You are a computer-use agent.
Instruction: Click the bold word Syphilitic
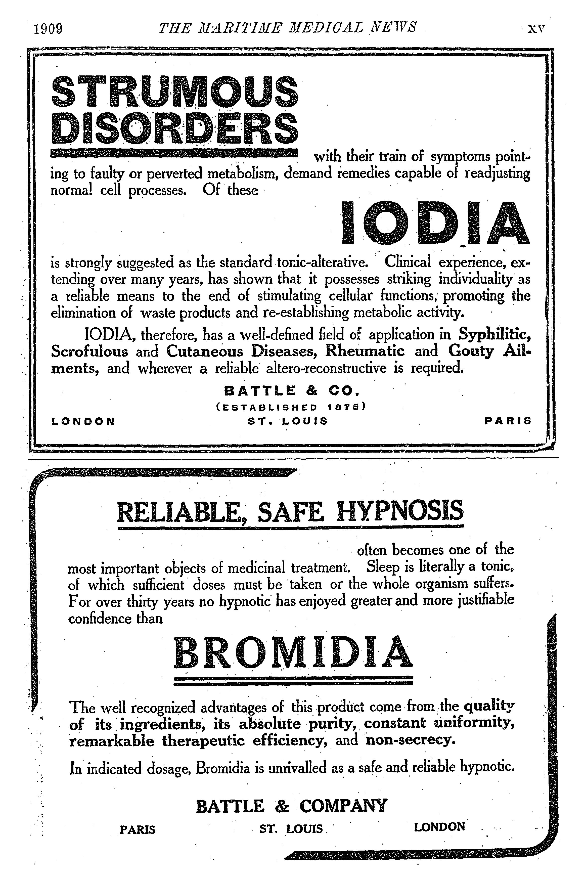pyautogui.click(x=494, y=334)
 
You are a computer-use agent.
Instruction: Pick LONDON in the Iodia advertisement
pyautogui.click(x=83, y=421)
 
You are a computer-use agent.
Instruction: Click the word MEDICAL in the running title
pyautogui.click(x=324, y=27)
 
